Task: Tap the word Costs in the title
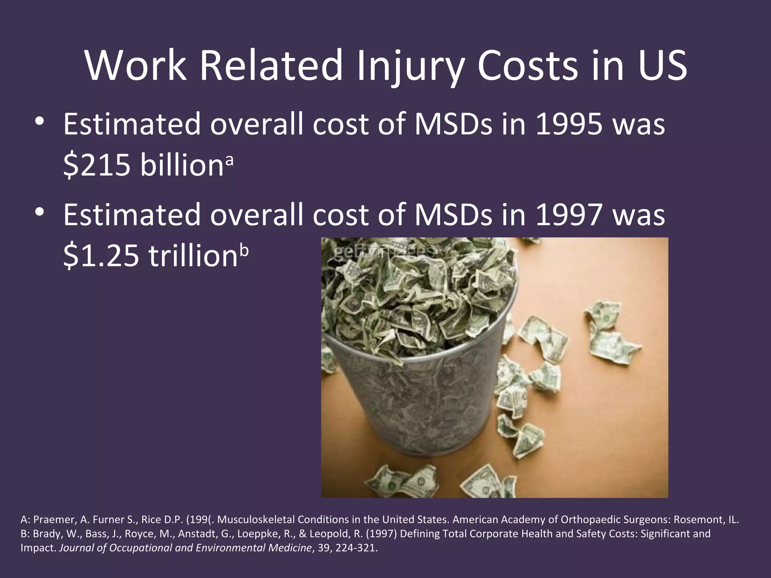[x=527, y=66]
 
